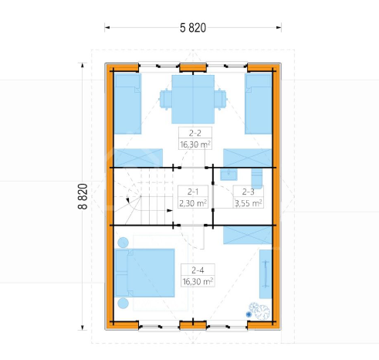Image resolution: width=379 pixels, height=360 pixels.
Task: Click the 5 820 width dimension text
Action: [193, 28]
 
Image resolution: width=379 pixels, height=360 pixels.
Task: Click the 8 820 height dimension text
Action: [83, 196]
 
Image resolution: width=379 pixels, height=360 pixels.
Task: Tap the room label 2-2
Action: [195, 133]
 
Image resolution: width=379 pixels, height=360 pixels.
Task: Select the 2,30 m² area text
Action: [193, 203]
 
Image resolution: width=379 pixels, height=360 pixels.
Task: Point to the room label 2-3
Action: [248, 192]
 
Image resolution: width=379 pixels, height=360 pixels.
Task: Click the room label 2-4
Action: [198, 270]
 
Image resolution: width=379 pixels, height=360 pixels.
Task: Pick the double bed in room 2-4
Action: [145, 273]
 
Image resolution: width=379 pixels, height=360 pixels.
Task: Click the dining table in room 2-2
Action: [193, 99]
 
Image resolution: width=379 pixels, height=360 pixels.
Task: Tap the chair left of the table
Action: [165, 99]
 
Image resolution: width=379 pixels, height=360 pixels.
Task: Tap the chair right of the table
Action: [221, 99]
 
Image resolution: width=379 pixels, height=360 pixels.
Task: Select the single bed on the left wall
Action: [127, 104]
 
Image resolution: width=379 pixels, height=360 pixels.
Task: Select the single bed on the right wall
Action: [259, 104]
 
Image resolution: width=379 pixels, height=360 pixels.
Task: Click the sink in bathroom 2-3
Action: [228, 175]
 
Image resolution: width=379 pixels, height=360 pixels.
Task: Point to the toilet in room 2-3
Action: [257, 178]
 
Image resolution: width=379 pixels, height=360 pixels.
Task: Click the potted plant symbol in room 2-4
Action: [259, 311]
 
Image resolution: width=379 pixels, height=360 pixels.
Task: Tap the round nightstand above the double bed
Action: [123, 243]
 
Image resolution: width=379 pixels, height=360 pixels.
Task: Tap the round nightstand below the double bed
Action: [123, 304]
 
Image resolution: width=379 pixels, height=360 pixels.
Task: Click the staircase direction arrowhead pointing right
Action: [170, 211]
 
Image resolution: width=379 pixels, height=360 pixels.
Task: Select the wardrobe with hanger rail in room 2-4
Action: [266, 274]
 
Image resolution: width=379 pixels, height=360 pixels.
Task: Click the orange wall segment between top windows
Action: [193, 68]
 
